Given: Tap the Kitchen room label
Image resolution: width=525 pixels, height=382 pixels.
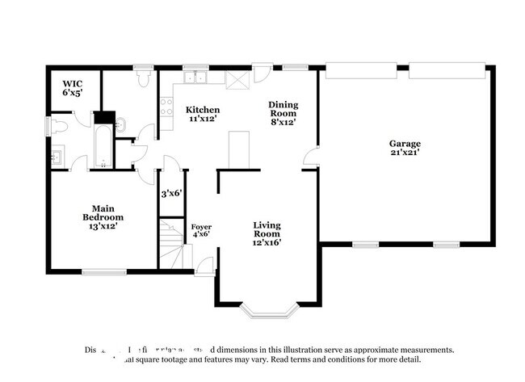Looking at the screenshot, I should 203,115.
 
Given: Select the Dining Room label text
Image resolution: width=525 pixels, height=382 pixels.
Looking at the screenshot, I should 283,113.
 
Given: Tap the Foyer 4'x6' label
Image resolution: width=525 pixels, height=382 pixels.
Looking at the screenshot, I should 200,230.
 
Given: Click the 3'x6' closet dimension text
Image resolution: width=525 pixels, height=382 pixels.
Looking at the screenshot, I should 171,194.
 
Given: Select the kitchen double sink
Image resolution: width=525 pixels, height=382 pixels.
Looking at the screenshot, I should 196,78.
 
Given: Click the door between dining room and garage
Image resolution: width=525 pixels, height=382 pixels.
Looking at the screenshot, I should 310,159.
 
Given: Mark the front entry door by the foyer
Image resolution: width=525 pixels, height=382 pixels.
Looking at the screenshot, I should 204,265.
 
